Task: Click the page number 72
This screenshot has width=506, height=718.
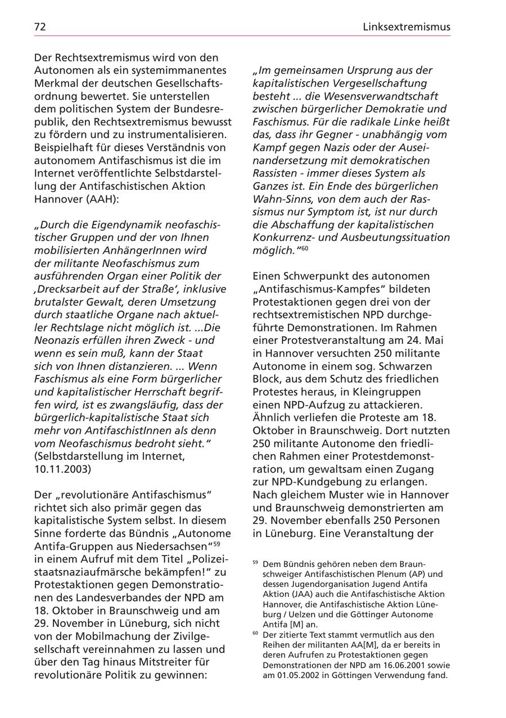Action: (x=40, y=26)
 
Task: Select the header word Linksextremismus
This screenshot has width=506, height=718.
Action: (x=406, y=26)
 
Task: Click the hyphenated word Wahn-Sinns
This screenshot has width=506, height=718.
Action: (x=282, y=199)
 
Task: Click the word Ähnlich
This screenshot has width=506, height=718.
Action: (x=271, y=418)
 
